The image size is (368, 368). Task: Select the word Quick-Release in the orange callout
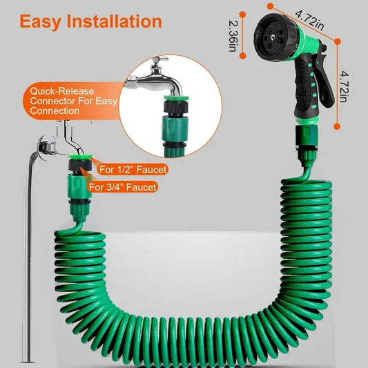click(x=59, y=90)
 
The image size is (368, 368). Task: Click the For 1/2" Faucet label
click(x=132, y=169)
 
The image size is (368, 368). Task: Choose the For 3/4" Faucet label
click(x=128, y=186)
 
